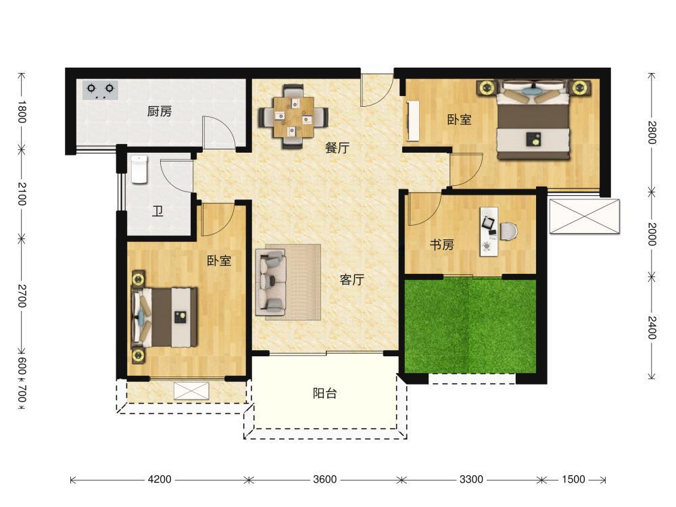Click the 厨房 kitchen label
(160, 112)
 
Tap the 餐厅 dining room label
(337, 148)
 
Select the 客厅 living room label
(352, 280)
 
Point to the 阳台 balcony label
(324, 393)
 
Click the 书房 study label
(442, 245)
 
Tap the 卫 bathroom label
(158, 211)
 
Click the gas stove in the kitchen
(101, 90)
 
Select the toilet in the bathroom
(139, 170)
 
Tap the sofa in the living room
(271, 282)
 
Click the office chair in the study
(509, 231)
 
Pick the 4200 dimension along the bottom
(160, 479)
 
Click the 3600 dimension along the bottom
(324, 479)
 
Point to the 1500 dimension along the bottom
(573, 479)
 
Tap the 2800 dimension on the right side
(652, 132)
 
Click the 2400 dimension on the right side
(652, 328)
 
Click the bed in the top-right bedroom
(535, 120)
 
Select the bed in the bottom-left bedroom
(165, 317)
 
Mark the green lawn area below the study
(470, 326)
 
